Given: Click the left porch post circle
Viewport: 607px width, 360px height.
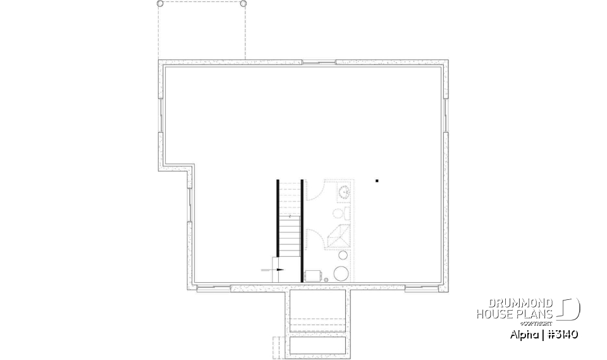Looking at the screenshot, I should click(x=160, y=3).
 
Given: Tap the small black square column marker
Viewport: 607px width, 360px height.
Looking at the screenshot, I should click(x=377, y=181).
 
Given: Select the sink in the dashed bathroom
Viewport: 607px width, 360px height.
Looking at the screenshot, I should click(x=345, y=191).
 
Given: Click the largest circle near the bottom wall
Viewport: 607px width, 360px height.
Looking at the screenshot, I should click(x=341, y=273).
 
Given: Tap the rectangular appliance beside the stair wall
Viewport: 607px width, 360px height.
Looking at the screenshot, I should click(x=312, y=275).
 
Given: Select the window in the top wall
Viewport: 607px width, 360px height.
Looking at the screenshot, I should click(x=319, y=62).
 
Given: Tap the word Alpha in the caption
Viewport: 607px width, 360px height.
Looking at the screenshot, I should click(x=523, y=335).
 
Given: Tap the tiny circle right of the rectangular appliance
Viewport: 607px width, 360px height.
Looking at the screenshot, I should click(x=326, y=278).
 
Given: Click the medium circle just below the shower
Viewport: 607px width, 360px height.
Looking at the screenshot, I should click(x=343, y=256).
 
